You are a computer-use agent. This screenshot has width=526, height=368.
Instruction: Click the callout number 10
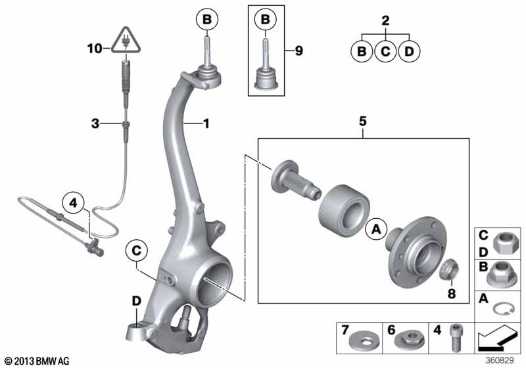pyautogui.click(x=95, y=49)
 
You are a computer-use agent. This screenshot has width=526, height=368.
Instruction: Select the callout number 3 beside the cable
pyautogui.click(x=95, y=124)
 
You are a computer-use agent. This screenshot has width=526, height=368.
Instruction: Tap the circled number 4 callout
pyautogui.click(x=74, y=203)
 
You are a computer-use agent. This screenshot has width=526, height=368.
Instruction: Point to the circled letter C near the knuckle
pyautogui.click(x=137, y=250)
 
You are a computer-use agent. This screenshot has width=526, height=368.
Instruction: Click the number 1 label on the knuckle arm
pyautogui.click(x=206, y=124)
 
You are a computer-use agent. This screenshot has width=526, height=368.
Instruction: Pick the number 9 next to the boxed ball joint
pyautogui.click(x=299, y=51)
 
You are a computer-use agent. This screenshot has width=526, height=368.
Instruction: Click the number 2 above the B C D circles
pyautogui.click(x=386, y=20)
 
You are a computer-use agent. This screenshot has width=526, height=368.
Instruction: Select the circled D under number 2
pyautogui.click(x=409, y=51)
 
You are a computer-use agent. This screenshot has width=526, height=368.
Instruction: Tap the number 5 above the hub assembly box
pyautogui.click(x=363, y=121)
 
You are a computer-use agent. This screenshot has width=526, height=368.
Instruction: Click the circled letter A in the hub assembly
pyautogui.click(x=376, y=229)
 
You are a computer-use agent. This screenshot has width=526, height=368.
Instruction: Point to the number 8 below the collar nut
pyautogui.click(x=452, y=294)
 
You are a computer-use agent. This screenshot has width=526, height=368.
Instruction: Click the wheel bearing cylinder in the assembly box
pyautogui.click(x=344, y=210)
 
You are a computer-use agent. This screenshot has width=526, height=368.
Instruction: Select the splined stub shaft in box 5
pyautogui.click(x=295, y=181)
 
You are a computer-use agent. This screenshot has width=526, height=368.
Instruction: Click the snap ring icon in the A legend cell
pyautogui.click(x=504, y=308)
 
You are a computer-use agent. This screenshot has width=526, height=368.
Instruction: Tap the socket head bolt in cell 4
pyautogui.click(x=455, y=338)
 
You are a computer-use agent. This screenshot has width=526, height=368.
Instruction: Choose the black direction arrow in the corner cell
pyautogui.click(x=496, y=338)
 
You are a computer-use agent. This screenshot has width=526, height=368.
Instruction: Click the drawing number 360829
pyautogui.click(x=500, y=361)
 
